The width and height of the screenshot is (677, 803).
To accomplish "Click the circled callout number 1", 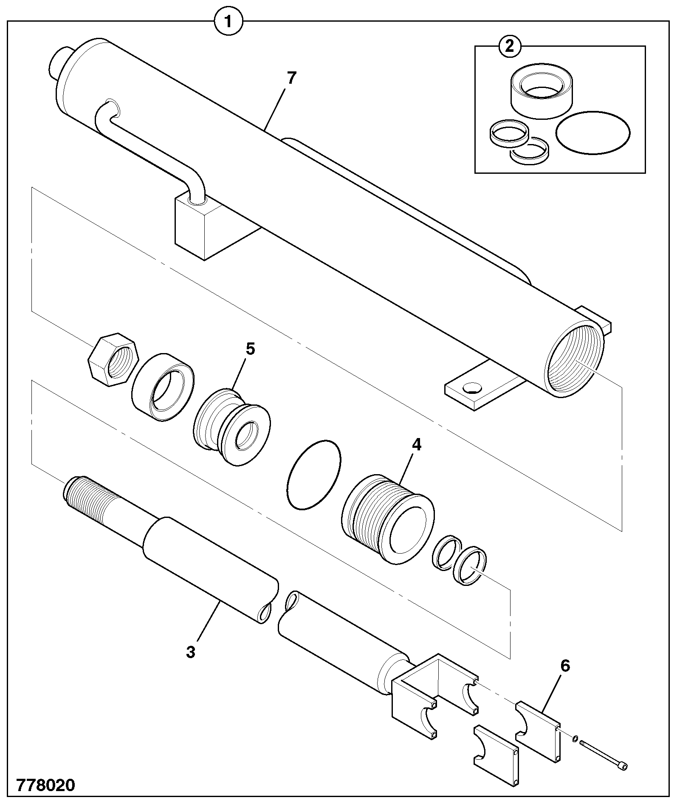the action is click(x=228, y=21).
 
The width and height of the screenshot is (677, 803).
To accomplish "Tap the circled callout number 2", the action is click(x=509, y=46).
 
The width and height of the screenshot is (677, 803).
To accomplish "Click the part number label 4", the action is click(x=416, y=445).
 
